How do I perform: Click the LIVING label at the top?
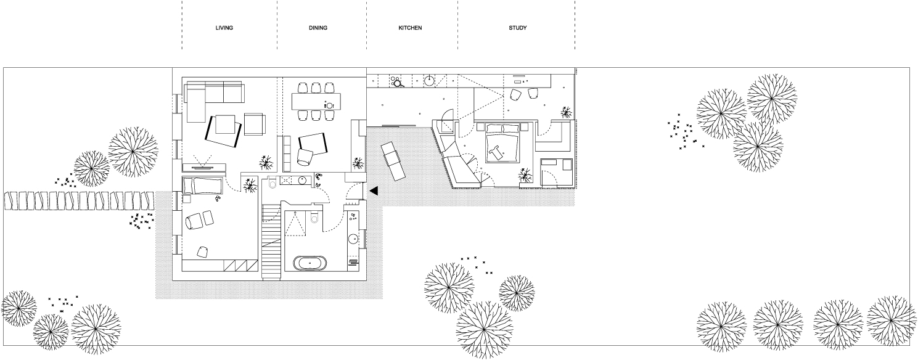coord(224,28)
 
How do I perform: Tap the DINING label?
coord(318,28)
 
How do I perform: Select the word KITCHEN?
coord(410,28)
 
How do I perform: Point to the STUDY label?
coord(518,28)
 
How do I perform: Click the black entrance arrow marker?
coord(374,190)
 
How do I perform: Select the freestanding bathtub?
coord(311,263)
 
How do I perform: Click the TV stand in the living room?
coord(204,168)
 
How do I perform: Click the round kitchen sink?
coord(429,81)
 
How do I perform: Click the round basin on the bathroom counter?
coord(353,239)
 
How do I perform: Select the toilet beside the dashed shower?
coord(314,218)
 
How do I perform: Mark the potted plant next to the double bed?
coord(525,175)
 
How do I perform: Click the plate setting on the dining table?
coord(329,105)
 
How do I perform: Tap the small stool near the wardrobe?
coord(202,252)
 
